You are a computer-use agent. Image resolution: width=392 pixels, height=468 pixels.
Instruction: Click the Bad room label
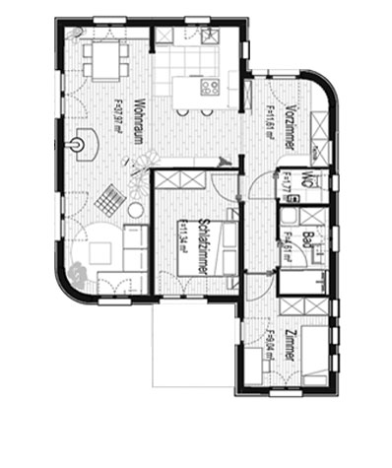[307, 239]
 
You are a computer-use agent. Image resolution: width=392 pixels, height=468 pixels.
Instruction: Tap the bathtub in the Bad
[306, 283]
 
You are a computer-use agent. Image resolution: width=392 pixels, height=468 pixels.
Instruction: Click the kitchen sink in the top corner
[209, 36]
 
